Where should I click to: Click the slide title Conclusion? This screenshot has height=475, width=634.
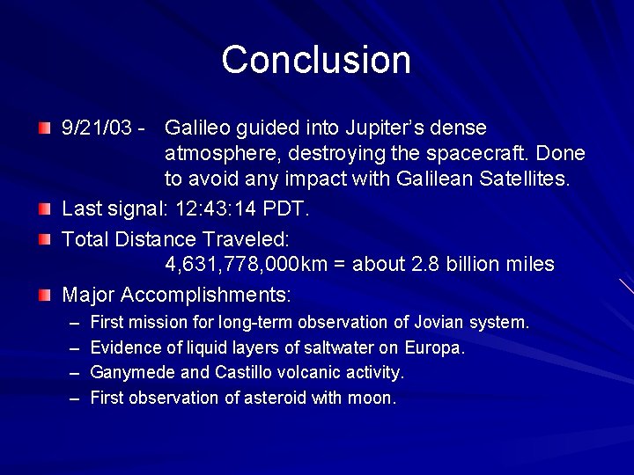click(x=316, y=60)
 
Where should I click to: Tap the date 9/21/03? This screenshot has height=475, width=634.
click(x=98, y=128)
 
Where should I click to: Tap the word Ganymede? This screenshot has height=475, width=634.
click(x=129, y=373)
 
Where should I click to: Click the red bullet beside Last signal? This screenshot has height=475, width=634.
click(x=45, y=209)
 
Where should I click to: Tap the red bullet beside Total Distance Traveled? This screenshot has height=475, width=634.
click(x=45, y=238)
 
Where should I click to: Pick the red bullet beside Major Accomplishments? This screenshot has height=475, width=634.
click(x=45, y=294)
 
